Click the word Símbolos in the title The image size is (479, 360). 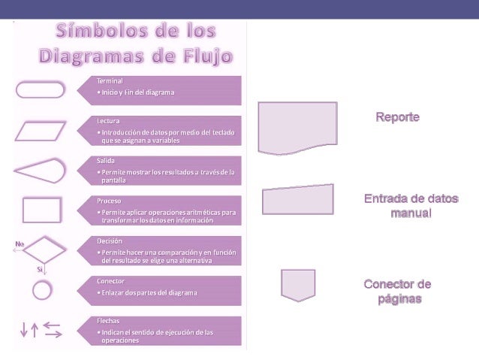click(100, 32)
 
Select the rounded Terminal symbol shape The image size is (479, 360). click(41, 89)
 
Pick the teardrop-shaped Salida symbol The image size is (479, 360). click(40, 171)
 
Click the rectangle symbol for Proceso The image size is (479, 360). click(41, 210)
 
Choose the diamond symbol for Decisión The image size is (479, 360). click(42, 249)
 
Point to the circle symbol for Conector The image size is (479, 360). click(42, 289)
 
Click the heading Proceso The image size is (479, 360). click(110, 201)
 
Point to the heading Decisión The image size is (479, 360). click(110, 241)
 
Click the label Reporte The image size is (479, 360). click(397, 119)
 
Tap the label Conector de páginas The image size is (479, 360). click(397, 292)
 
